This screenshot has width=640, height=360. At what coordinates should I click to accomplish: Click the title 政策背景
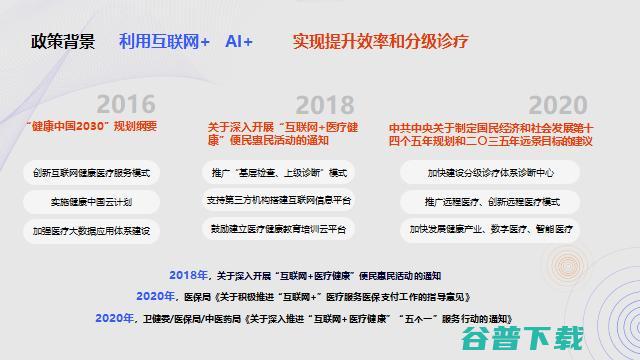[x=64, y=42]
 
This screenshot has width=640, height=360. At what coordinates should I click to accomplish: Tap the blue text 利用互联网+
[x=164, y=42]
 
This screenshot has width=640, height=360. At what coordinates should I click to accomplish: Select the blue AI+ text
[x=239, y=42]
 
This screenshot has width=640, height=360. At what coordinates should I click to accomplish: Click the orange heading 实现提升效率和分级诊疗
[x=381, y=42]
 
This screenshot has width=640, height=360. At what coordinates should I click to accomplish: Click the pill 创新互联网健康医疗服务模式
[x=91, y=173]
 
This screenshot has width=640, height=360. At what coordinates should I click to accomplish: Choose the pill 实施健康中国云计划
[x=91, y=201]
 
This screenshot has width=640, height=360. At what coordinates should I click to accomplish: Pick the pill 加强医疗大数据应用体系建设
[x=91, y=230]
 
